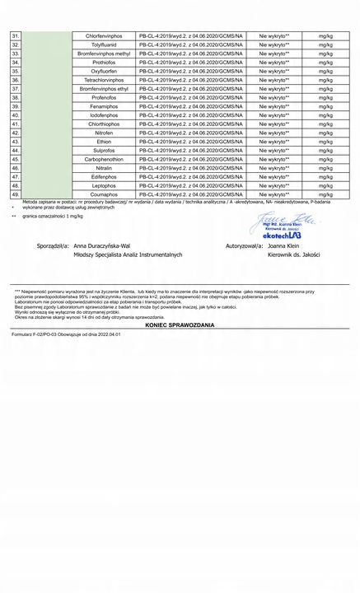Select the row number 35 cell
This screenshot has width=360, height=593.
point(16,72)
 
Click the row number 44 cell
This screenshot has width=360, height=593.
point(16,151)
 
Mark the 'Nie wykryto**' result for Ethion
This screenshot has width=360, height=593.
point(274,142)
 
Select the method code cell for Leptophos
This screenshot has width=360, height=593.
point(190,186)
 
